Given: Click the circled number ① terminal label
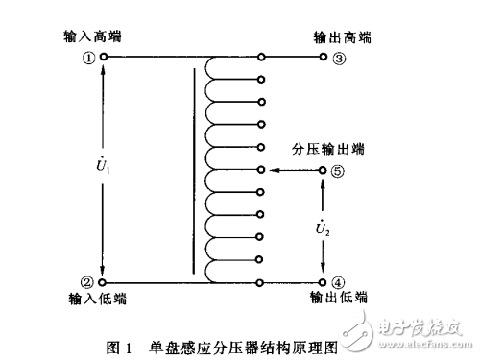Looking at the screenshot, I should click(x=87, y=57).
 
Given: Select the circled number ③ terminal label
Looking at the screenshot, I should click(x=338, y=57).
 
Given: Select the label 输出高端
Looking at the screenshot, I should click(x=343, y=37).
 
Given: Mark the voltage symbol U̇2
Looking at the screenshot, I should click(x=323, y=228).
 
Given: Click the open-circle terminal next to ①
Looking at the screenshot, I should click(x=103, y=57).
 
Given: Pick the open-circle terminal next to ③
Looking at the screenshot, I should click(x=323, y=57).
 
